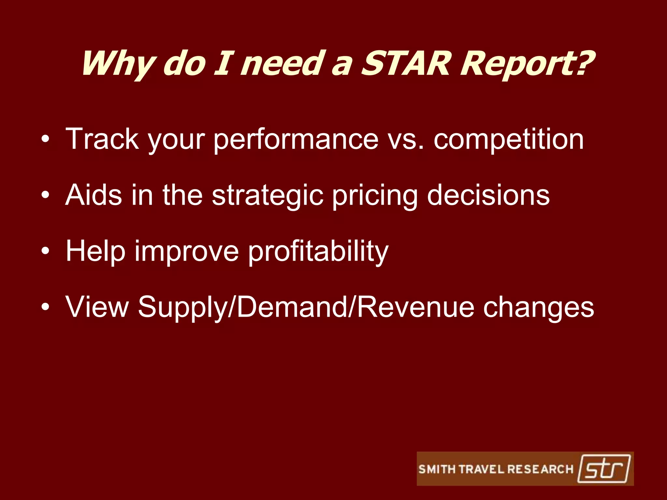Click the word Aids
pos(94,195)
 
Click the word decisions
pos(488,195)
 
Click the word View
pos(97,307)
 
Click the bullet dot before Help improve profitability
pos(46,251)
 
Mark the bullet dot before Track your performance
pos(46,139)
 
